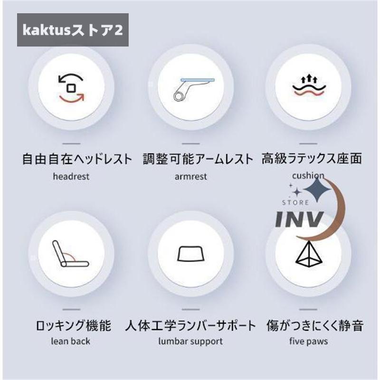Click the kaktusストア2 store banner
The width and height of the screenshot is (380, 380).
click(73, 30)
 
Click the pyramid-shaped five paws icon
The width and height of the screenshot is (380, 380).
click(308, 254)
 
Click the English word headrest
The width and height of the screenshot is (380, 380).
click(71, 176)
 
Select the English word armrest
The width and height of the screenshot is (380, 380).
click(191, 176)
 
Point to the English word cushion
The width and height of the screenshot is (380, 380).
click(308, 175)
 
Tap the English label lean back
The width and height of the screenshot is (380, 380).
click(70, 341)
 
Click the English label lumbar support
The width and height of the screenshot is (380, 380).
click(190, 342)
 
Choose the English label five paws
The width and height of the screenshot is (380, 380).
click(308, 341)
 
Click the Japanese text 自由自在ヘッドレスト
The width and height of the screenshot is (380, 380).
click(77, 159)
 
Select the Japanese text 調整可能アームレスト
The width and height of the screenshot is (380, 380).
click(198, 159)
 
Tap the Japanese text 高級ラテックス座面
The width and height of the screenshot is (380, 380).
click(312, 159)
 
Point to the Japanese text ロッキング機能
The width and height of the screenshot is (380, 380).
click(74, 325)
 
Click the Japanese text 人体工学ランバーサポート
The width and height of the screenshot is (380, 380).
click(190, 325)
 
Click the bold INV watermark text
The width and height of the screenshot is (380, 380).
click(300, 219)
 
